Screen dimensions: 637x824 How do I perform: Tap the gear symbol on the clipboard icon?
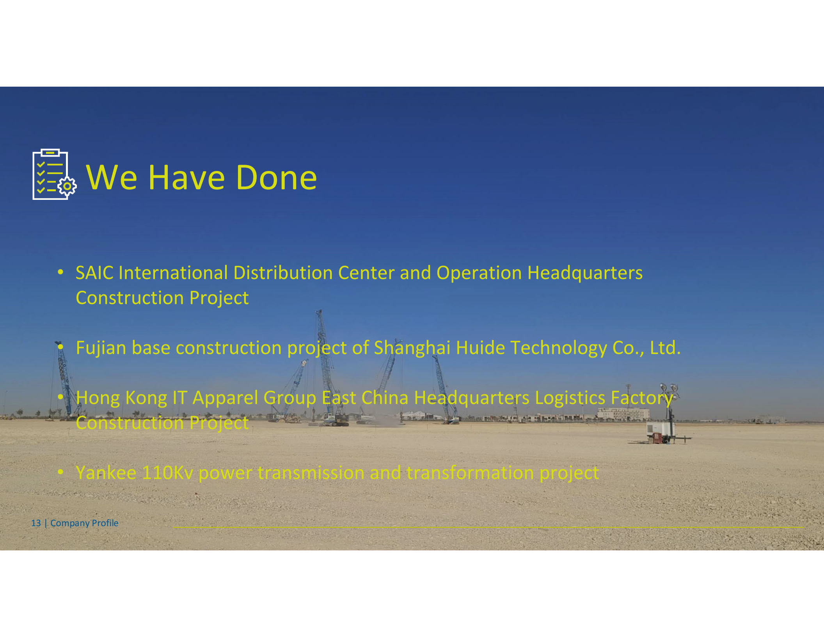pos(67,186)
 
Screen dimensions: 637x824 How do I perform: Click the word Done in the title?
pos(276,178)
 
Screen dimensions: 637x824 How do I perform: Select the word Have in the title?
pos(186,178)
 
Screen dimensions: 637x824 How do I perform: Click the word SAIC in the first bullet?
pos(94,273)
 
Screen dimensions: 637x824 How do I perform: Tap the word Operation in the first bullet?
pos(479,273)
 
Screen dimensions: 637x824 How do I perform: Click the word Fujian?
pos(101,348)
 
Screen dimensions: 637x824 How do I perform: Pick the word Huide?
pos(480,348)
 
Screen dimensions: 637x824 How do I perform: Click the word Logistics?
pos(570,398)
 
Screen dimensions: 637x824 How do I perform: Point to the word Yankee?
pos(106,473)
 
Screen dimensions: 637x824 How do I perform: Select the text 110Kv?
pos(167,473)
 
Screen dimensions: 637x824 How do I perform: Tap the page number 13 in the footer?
pos(36,523)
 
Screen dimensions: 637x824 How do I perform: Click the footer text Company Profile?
pos(84,523)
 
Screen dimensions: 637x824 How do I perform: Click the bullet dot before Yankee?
pos(60,472)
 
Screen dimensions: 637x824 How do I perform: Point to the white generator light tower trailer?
pos(661,431)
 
